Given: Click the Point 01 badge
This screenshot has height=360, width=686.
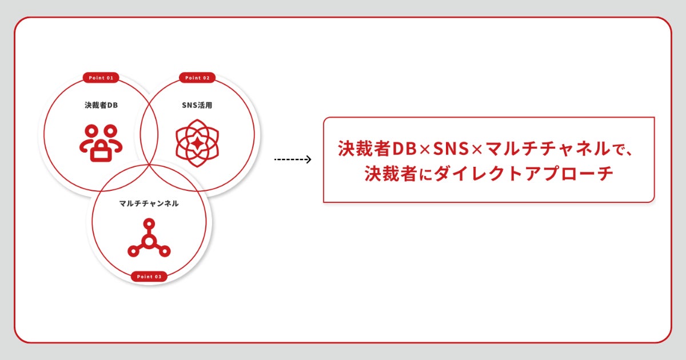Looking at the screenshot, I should coord(101,78).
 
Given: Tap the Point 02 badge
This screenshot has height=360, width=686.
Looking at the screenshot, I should coord(197,78).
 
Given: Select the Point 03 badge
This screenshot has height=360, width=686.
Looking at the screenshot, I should coord(149,277).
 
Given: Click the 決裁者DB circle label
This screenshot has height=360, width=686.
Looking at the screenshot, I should coord(101,105).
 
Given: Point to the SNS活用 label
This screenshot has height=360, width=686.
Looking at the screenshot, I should coord(197,105).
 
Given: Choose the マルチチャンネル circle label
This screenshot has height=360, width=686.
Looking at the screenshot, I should coord(149,203).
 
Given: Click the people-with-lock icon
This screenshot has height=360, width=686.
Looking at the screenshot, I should coord(101,141).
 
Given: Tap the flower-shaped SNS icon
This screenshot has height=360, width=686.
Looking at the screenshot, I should coord(197,141).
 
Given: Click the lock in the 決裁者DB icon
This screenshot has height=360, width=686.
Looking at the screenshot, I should coord(101,150).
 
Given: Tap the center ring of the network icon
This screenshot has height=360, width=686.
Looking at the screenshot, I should coord(149,242).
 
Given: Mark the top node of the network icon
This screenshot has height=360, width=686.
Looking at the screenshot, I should coord(149,223).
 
